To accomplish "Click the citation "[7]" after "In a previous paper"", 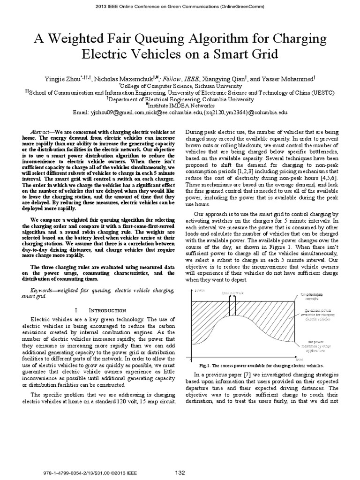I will (x=240, y=376).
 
